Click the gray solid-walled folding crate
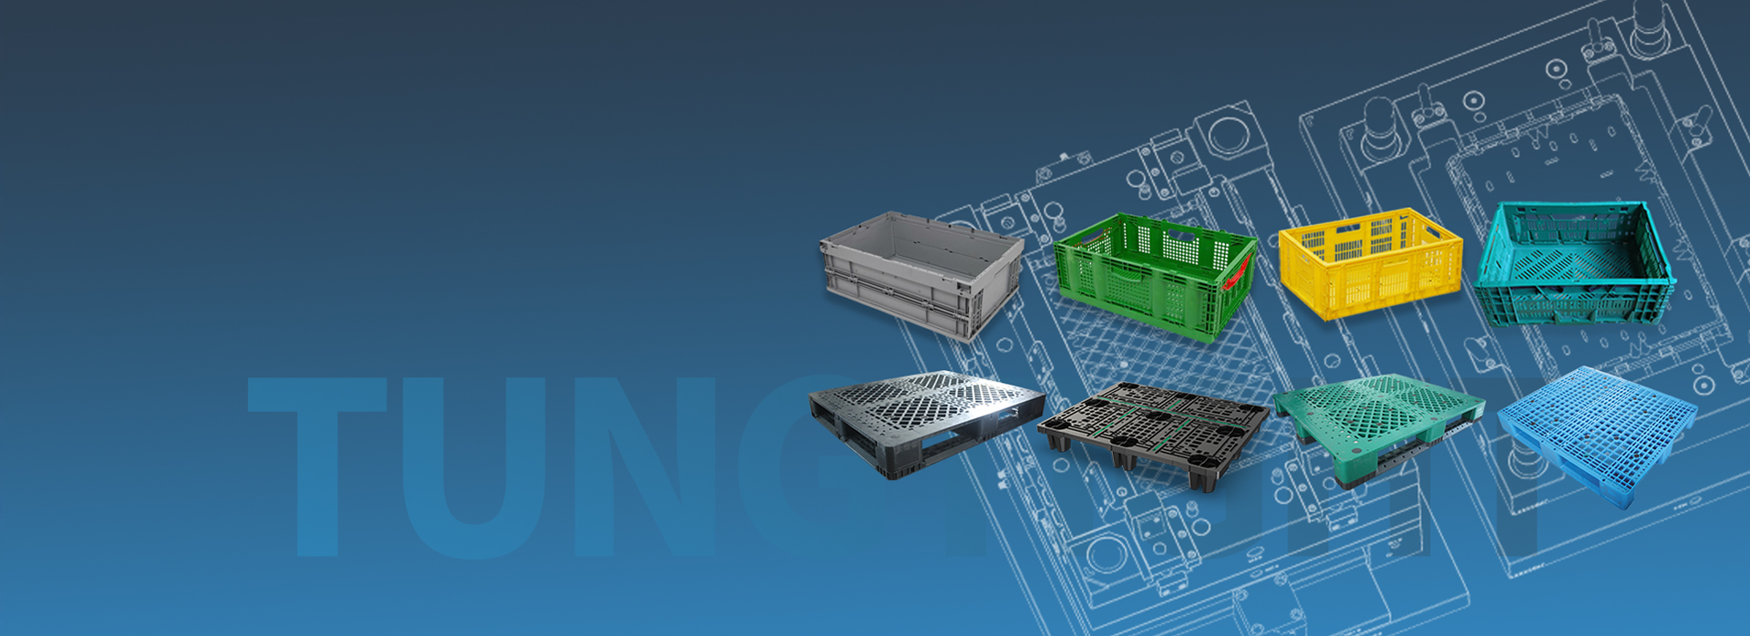[x=921, y=273]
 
